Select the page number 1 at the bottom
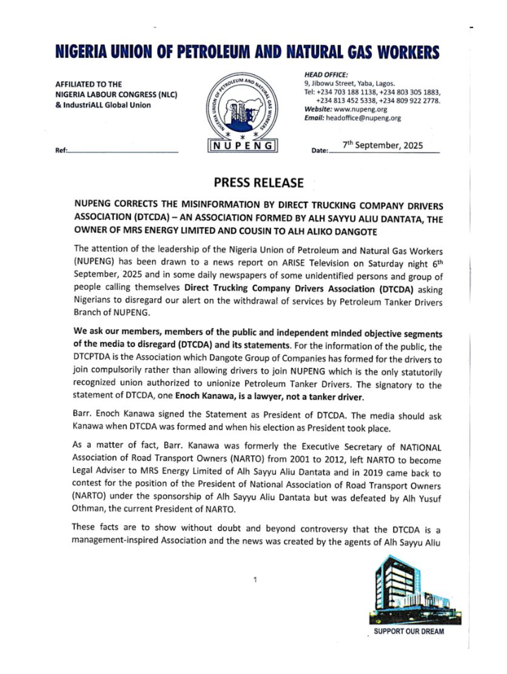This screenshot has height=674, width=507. click(x=255, y=581)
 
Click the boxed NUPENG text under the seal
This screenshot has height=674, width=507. click(x=244, y=147)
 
